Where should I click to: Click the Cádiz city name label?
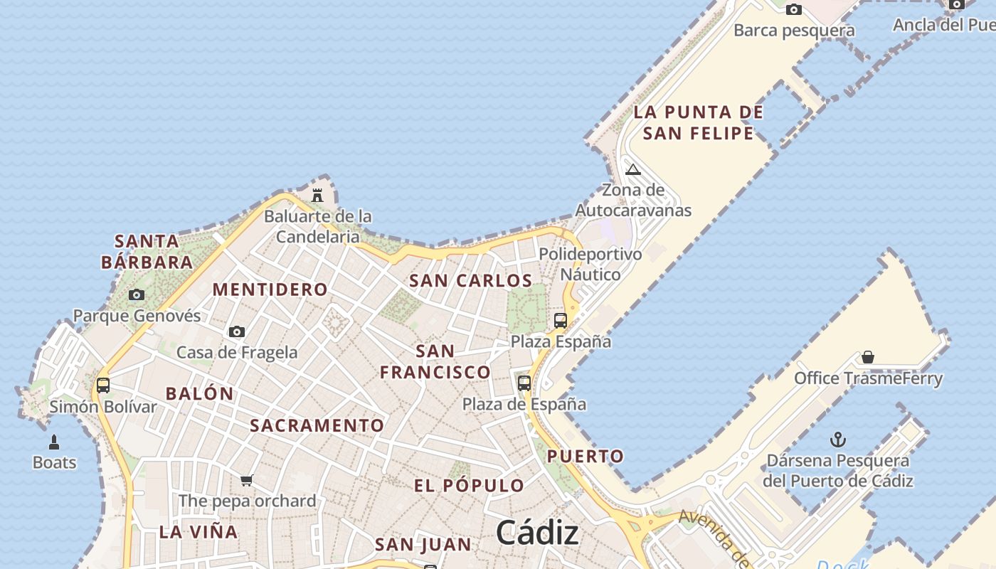[x=537, y=532]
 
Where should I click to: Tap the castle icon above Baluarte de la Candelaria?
[x=317, y=195]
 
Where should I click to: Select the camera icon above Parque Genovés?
[x=137, y=294]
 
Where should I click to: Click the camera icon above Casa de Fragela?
[x=237, y=331]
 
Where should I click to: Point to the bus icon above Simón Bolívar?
[x=103, y=385]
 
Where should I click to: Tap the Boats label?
[x=54, y=462]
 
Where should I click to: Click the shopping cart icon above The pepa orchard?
[x=247, y=480]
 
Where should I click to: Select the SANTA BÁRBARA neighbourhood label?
[x=147, y=252]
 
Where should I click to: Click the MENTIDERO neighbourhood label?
[x=270, y=289]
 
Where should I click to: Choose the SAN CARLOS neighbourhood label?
[x=470, y=281]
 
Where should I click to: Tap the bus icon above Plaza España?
[x=561, y=321]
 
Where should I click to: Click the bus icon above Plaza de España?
[x=524, y=383]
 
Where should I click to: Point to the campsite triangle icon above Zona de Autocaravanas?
[x=633, y=169]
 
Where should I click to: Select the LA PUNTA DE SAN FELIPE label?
[x=698, y=122]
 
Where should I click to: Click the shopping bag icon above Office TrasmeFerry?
[x=868, y=357]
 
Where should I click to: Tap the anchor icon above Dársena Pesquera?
[x=838, y=439]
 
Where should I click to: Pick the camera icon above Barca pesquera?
[x=794, y=9]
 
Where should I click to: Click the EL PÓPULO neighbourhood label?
[x=470, y=486]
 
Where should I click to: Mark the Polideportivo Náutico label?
[x=590, y=264]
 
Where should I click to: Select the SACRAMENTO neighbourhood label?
[x=317, y=425]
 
